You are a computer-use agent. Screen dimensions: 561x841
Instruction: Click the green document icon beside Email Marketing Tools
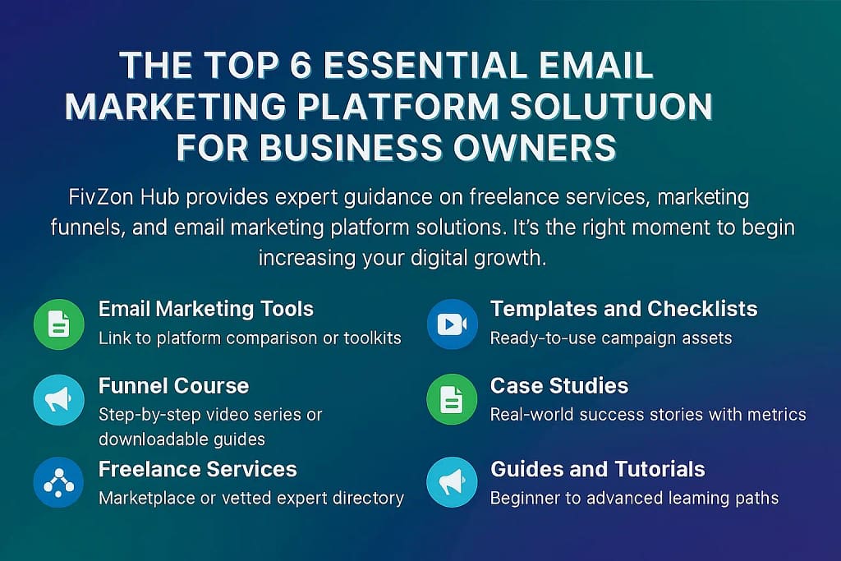[x=58, y=324]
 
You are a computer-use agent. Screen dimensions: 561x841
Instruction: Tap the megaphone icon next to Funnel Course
[x=58, y=400]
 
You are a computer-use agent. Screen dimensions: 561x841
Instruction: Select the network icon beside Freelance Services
[x=58, y=484]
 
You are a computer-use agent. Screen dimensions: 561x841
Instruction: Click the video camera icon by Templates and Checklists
[x=452, y=324]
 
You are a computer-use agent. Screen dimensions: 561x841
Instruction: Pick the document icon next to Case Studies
[x=452, y=400]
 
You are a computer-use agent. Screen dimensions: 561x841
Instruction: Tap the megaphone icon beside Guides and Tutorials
[x=452, y=484]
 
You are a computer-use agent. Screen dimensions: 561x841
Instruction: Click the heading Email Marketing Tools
[x=206, y=310]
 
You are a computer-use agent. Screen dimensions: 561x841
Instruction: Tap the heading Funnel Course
[x=173, y=385]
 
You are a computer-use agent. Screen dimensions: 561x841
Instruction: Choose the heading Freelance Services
[x=198, y=469]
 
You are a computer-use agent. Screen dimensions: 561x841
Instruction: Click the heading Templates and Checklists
[x=623, y=310]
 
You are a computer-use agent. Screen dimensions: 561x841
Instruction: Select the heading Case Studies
[x=559, y=385]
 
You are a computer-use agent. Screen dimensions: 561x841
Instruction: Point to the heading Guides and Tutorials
[x=597, y=469]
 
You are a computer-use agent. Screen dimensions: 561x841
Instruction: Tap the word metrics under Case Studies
[x=777, y=414]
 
